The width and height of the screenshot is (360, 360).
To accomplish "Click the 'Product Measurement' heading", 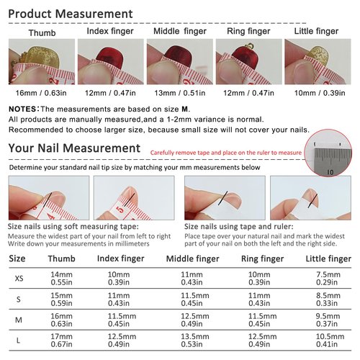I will [71, 14].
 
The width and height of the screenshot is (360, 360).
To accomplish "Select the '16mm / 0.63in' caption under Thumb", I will [39, 94].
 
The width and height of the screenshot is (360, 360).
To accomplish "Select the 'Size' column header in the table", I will [17, 258].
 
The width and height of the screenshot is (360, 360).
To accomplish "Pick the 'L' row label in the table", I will [18, 339].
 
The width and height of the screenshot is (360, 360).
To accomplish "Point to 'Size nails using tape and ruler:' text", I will [230, 226].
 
